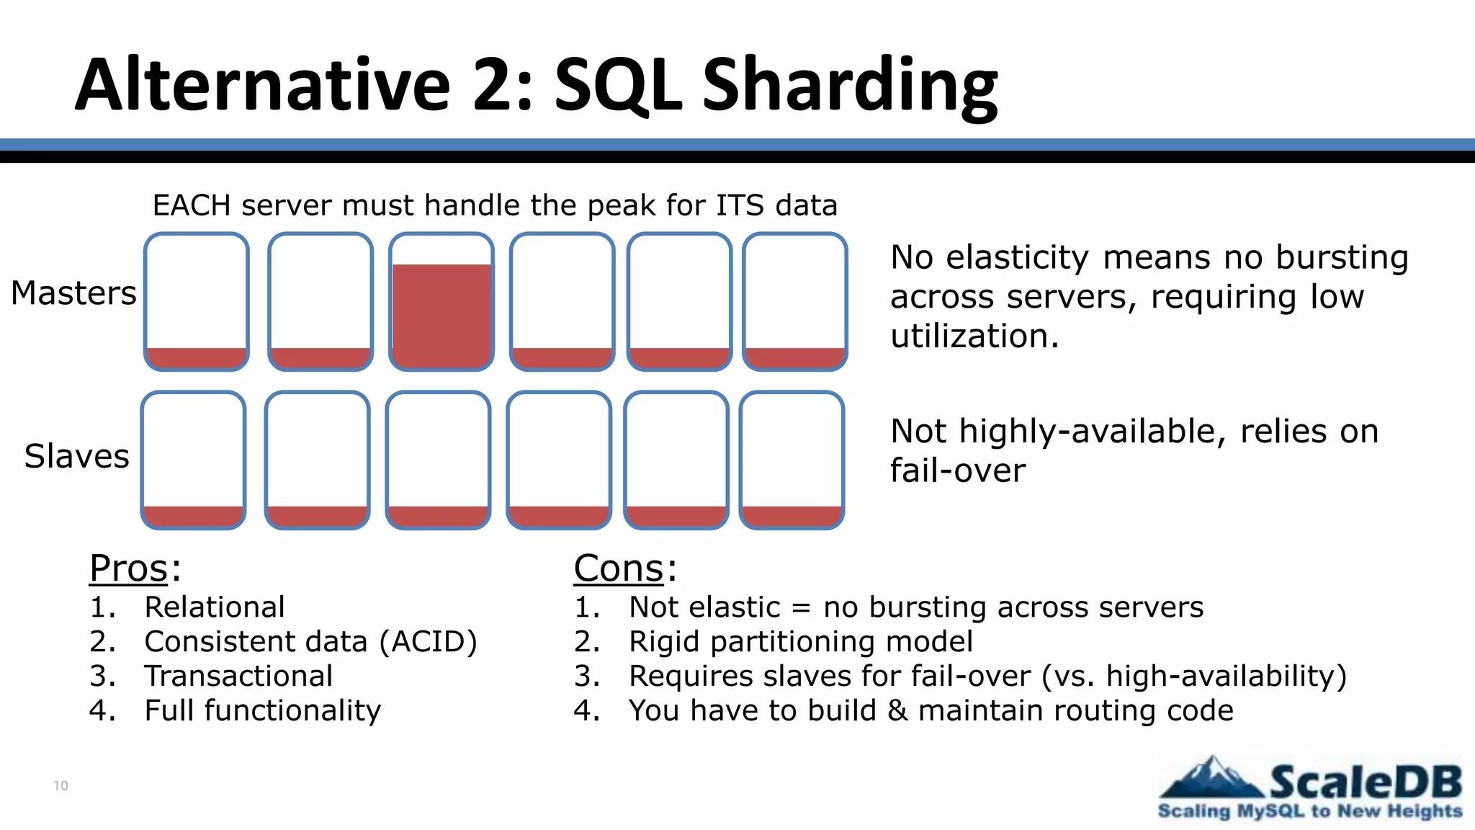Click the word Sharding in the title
click(x=850, y=86)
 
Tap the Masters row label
click(x=73, y=293)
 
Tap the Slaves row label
click(x=76, y=456)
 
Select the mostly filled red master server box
click(x=441, y=303)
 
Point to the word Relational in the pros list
click(x=215, y=607)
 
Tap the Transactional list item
click(x=238, y=676)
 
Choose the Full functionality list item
click(x=262, y=710)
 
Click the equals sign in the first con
click(x=801, y=608)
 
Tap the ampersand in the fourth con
click(x=897, y=710)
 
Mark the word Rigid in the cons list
click(x=665, y=641)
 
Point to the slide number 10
click(x=60, y=785)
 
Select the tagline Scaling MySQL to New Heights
click(x=1309, y=811)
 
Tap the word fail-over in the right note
click(x=957, y=470)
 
